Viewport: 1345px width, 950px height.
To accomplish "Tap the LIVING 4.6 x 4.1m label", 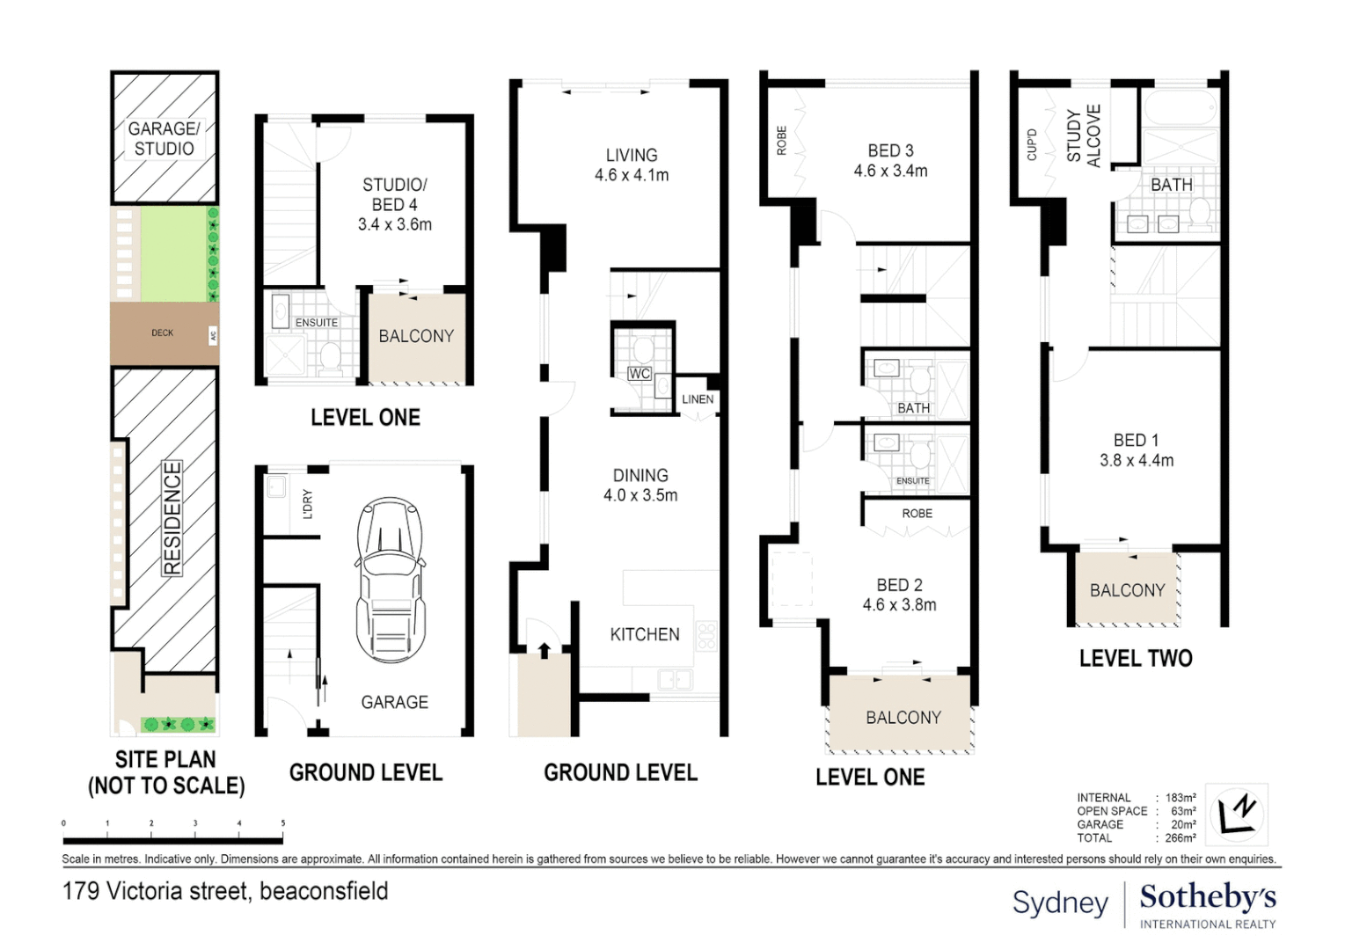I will coord(632,165).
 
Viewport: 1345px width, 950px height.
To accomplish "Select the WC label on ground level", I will coord(640,374).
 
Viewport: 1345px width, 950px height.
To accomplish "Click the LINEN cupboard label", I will coord(698,399).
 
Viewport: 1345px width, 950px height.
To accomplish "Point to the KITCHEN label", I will coord(645,634).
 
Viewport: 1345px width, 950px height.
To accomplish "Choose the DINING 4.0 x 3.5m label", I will coord(640,486).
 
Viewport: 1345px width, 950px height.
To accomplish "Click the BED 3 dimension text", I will coord(890,172).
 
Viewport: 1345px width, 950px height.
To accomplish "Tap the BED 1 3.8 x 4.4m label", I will coord(1137,450).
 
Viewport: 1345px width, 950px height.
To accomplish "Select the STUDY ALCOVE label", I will coord(1084,135).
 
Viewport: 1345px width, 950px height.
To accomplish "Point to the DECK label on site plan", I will coord(163,333).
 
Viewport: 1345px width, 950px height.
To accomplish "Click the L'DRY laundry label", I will coord(308,504).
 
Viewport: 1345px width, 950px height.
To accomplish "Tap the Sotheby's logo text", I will coord(1207,897).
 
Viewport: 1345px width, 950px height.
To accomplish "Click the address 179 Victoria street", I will coord(225,891).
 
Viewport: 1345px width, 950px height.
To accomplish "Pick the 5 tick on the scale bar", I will coord(282,823).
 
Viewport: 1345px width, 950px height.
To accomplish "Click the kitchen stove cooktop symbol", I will coord(706,636).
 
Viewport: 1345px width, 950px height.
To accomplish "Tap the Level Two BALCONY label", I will coord(1127,590).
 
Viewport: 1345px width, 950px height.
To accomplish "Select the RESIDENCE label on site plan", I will coord(172,518).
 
